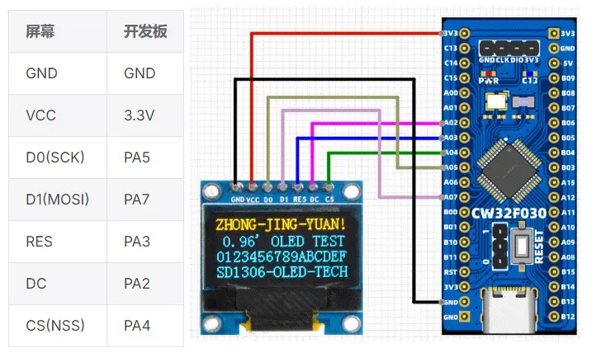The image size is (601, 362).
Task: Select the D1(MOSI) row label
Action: pyautogui.click(x=57, y=199)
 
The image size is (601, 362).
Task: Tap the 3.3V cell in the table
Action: pyautogui.click(x=139, y=115)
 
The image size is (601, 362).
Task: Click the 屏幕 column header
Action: pyautogui.click(x=41, y=31)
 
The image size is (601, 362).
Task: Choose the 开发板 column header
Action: pyautogui.click(x=145, y=31)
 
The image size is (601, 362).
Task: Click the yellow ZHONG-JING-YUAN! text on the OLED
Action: pyautogui.click(x=280, y=225)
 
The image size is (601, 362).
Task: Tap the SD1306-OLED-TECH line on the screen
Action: pyautogui.click(x=280, y=271)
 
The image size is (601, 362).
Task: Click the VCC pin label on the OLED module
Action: pyautogui.click(x=253, y=199)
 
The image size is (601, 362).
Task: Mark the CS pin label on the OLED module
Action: pyautogui.click(x=329, y=199)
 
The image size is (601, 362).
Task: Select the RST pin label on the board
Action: pyautogui.click(x=450, y=271)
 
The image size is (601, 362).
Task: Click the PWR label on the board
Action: pyautogui.click(x=488, y=82)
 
